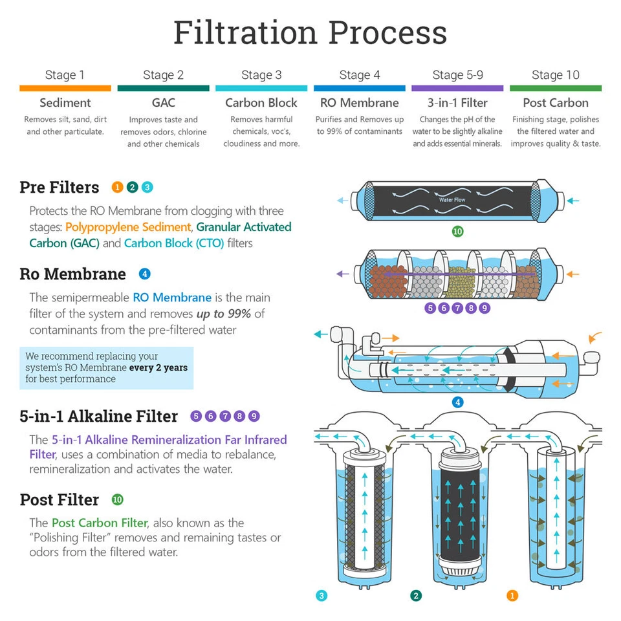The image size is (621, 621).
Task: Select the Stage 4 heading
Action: coord(360,75)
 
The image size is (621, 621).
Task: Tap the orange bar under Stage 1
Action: coord(65,88)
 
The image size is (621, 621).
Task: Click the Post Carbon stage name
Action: coord(555,103)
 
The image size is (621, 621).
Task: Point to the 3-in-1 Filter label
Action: coord(457,103)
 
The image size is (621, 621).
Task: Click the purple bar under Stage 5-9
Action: coord(457,88)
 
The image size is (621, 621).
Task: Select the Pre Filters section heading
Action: coord(60,188)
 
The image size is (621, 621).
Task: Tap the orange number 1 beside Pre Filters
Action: coord(117,188)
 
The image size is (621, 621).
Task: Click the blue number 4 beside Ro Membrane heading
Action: coord(145,274)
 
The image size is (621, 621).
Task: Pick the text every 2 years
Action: coord(158,367)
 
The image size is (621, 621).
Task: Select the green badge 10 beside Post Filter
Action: coord(117,499)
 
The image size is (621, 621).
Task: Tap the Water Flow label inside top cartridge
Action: coord(452,200)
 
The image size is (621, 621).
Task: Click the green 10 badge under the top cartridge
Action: coord(457,232)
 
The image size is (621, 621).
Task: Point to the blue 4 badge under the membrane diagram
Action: coord(457,402)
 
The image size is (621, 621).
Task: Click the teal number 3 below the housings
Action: coord(321,596)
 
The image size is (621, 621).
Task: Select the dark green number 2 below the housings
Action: coord(416,596)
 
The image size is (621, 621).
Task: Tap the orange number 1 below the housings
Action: coord(512,596)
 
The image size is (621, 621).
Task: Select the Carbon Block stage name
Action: coord(261,103)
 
